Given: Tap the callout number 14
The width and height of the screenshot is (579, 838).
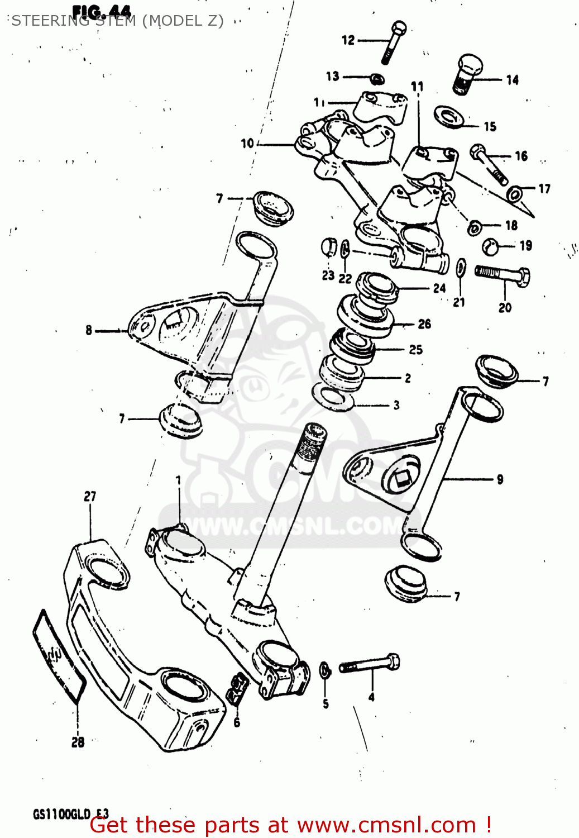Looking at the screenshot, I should click(x=512, y=80).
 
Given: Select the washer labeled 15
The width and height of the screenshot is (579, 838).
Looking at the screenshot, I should click(x=448, y=116).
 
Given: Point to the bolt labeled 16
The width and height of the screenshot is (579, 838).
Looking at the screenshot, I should click(x=489, y=163).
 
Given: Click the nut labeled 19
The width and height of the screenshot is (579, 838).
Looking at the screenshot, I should click(x=490, y=246).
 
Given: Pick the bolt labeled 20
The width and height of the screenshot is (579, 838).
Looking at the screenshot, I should click(x=503, y=274).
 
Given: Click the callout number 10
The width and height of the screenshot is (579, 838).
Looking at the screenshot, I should click(x=247, y=144).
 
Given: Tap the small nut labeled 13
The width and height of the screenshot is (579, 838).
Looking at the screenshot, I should click(x=377, y=77).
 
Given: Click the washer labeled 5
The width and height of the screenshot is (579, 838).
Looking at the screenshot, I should click(x=325, y=670).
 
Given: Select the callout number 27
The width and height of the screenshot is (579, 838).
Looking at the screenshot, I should click(x=90, y=496).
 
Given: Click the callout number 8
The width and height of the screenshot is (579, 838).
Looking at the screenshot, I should click(x=89, y=330).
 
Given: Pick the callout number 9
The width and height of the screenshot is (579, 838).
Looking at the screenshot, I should click(x=500, y=479).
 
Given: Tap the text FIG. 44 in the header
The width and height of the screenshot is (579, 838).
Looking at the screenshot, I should click(x=102, y=11).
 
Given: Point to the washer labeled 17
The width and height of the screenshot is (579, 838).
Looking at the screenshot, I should click(x=515, y=193).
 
